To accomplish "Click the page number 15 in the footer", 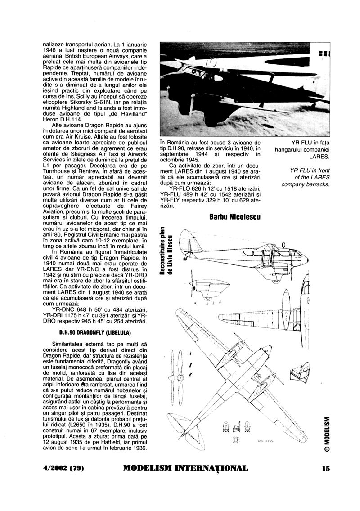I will pos(326,468).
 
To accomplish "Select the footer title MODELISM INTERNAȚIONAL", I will pos(185,468).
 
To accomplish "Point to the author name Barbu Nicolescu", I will pos(235,217).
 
